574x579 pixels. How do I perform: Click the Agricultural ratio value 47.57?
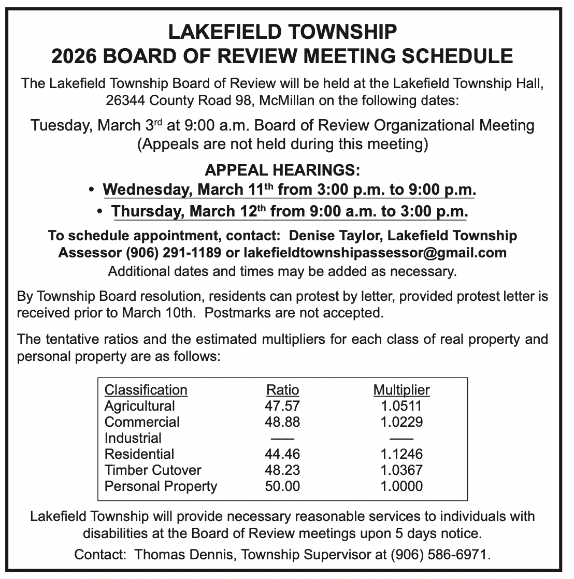[x=282, y=406]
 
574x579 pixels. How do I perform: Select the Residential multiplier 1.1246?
[x=401, y=454]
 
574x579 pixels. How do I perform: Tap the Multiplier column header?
[x=401, y=390]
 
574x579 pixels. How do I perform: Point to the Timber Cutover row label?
[x=153, y=470]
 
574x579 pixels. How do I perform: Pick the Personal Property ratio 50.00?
[x=282, y=486]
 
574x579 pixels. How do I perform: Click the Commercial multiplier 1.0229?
[x=401, y=422]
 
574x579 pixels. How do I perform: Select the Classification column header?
[x=146, y=390]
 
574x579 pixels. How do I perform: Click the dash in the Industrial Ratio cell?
[x=282, y=439]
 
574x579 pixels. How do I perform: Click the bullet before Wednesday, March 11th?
[x=92, y=190]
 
